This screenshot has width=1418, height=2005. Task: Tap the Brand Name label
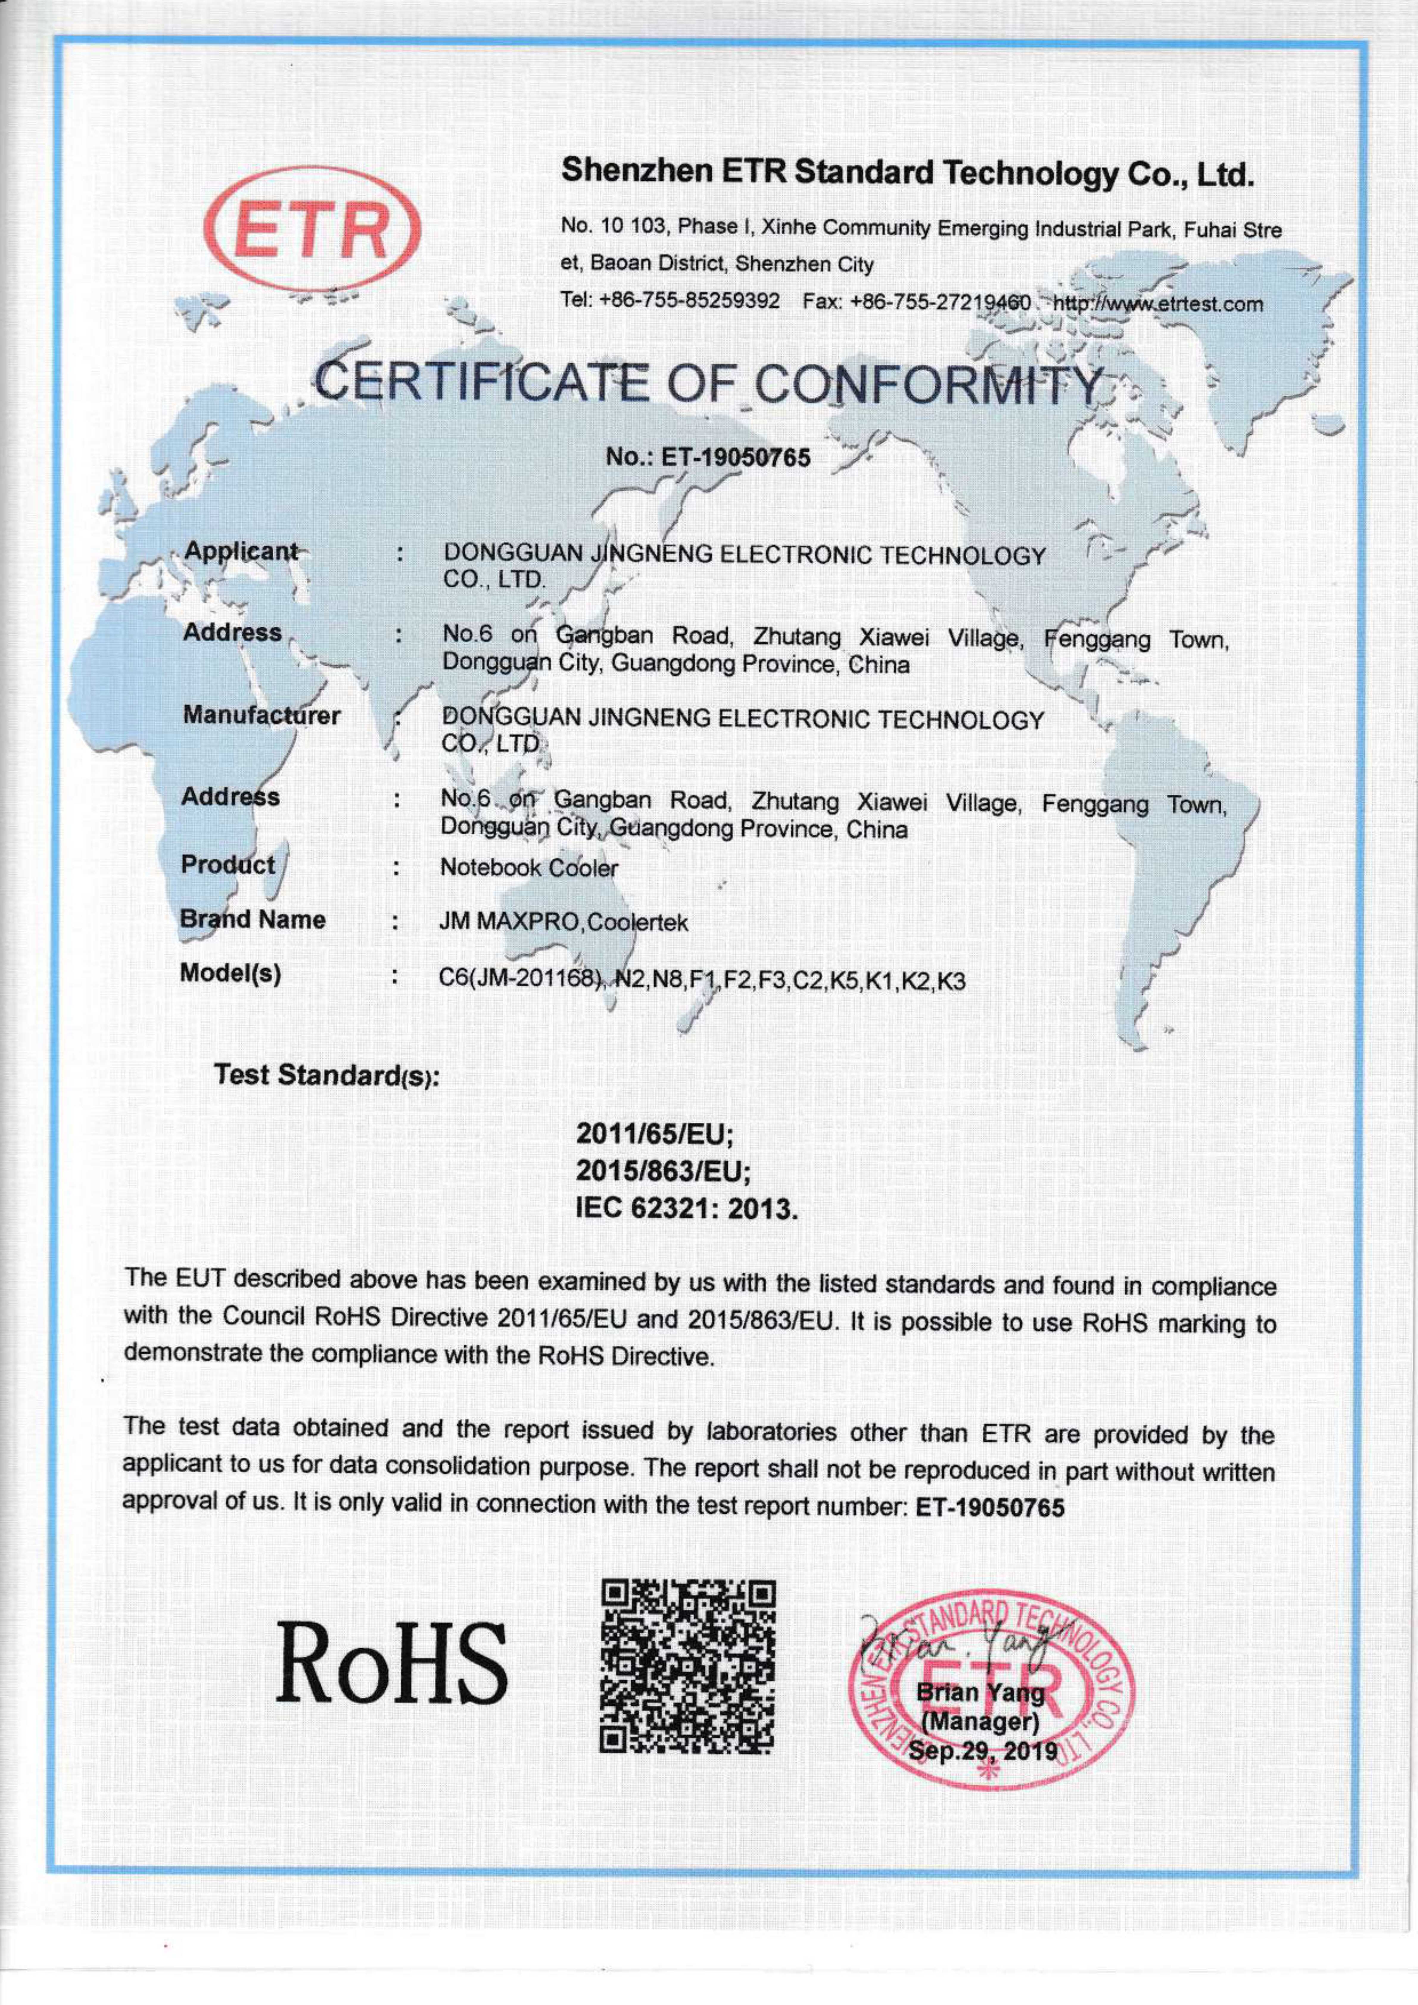[253, 920]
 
